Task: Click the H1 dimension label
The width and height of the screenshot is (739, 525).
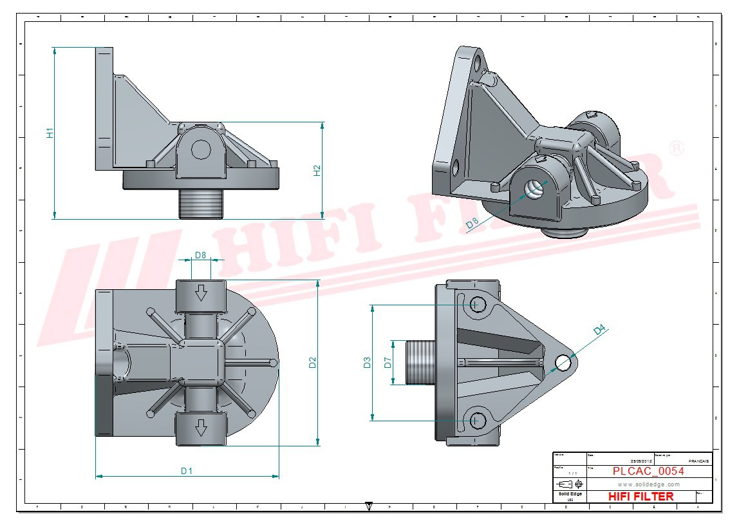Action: tap(50, 133)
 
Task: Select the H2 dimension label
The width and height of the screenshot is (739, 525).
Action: tap(317, 171)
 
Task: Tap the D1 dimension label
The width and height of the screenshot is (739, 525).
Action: tap(187, 471)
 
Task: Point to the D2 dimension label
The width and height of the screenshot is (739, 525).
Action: tap(313, 363)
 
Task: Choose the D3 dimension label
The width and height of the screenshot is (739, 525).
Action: tap(368, 363)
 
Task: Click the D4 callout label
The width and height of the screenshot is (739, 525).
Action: tap(600, 330)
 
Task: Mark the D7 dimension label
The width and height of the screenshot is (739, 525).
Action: tap(388, 363)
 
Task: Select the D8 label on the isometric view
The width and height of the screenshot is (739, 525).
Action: tap(472, 224)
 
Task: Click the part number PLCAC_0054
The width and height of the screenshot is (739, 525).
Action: tap(648, 471)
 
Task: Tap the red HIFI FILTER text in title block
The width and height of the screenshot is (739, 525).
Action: tap(641, 496)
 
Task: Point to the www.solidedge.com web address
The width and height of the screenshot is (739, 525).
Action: tap(648, 484)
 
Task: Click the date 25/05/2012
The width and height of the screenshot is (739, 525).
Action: tap(642, 461)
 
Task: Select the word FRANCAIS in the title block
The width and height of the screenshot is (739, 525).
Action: tap(699, 461)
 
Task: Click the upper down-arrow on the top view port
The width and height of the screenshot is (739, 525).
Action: tap(201, 294)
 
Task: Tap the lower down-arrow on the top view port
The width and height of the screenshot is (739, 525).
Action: tap(201, 427)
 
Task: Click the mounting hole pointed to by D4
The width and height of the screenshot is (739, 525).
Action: tap(564, 363)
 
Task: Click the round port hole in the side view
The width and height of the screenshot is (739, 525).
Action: tap(201, 149)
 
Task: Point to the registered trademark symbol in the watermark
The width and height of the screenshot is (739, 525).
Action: tap(677, 149)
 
